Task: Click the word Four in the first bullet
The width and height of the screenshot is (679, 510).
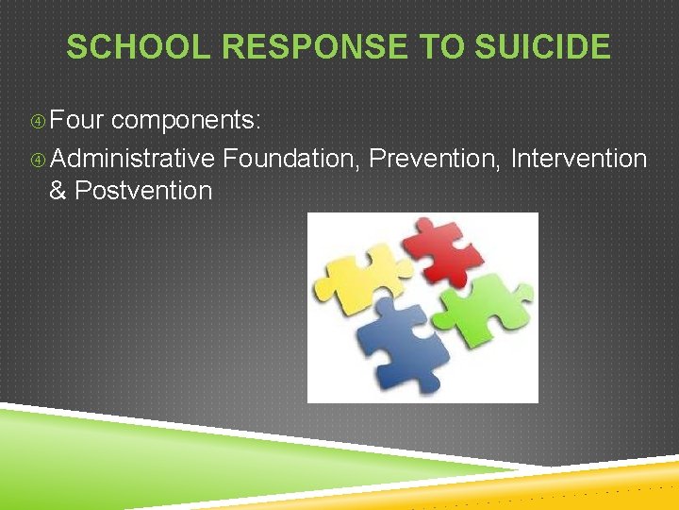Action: pos(80,121)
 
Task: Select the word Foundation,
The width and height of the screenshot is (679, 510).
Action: pos(292,158)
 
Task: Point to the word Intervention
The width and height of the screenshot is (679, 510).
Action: pos(578,158)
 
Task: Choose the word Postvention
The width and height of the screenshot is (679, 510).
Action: pos(143,191)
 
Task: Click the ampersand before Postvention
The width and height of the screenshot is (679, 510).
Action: pos(58,191)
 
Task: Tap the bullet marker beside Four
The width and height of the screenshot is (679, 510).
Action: pos(38,122)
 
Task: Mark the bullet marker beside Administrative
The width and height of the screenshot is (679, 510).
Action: pos(38,159)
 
